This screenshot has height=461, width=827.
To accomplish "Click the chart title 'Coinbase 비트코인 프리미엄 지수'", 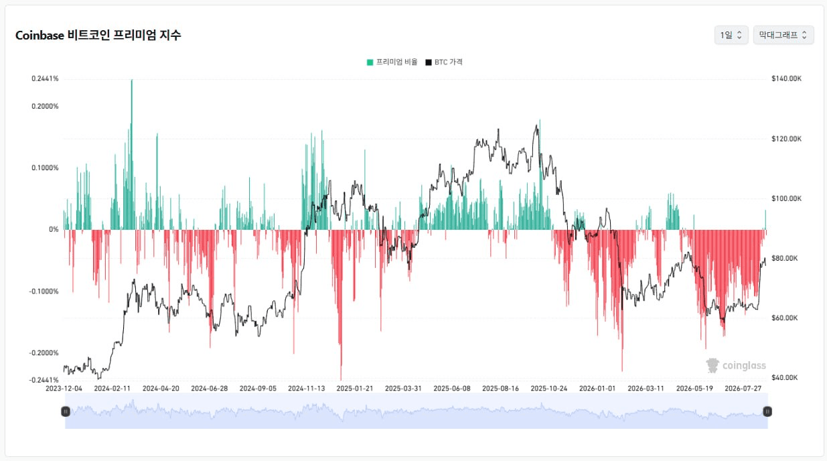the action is (98, 35).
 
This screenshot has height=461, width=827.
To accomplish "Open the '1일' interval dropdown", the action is (731, 35).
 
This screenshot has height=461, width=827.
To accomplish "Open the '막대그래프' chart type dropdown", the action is (783, 35).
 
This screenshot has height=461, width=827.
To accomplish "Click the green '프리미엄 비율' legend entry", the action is (392, 62).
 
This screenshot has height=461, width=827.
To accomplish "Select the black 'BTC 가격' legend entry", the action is (444, 62).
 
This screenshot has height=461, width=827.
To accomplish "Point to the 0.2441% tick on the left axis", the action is (45, 78).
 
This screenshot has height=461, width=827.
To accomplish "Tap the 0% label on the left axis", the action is (54, 229).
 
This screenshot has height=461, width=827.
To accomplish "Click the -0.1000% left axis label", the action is (44, 291).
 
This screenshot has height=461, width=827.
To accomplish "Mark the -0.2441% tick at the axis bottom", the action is (44, 380).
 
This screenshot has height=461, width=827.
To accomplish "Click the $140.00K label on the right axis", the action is (786, 78).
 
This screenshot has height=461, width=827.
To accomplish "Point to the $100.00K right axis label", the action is (786, 198).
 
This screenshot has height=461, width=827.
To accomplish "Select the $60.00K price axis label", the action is (785, 318).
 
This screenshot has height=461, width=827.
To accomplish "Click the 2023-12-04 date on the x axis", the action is (64, 388).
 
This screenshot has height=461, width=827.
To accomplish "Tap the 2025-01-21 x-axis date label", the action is (355, 388).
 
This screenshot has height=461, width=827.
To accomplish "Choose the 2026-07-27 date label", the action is (743, 388).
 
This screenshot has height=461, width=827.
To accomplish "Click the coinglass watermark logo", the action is (736, 365).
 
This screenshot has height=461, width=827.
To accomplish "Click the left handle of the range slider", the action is (66, 411).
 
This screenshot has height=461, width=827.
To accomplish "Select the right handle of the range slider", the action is (767, 411).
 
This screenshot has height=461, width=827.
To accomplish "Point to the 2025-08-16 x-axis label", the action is (500, 388).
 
